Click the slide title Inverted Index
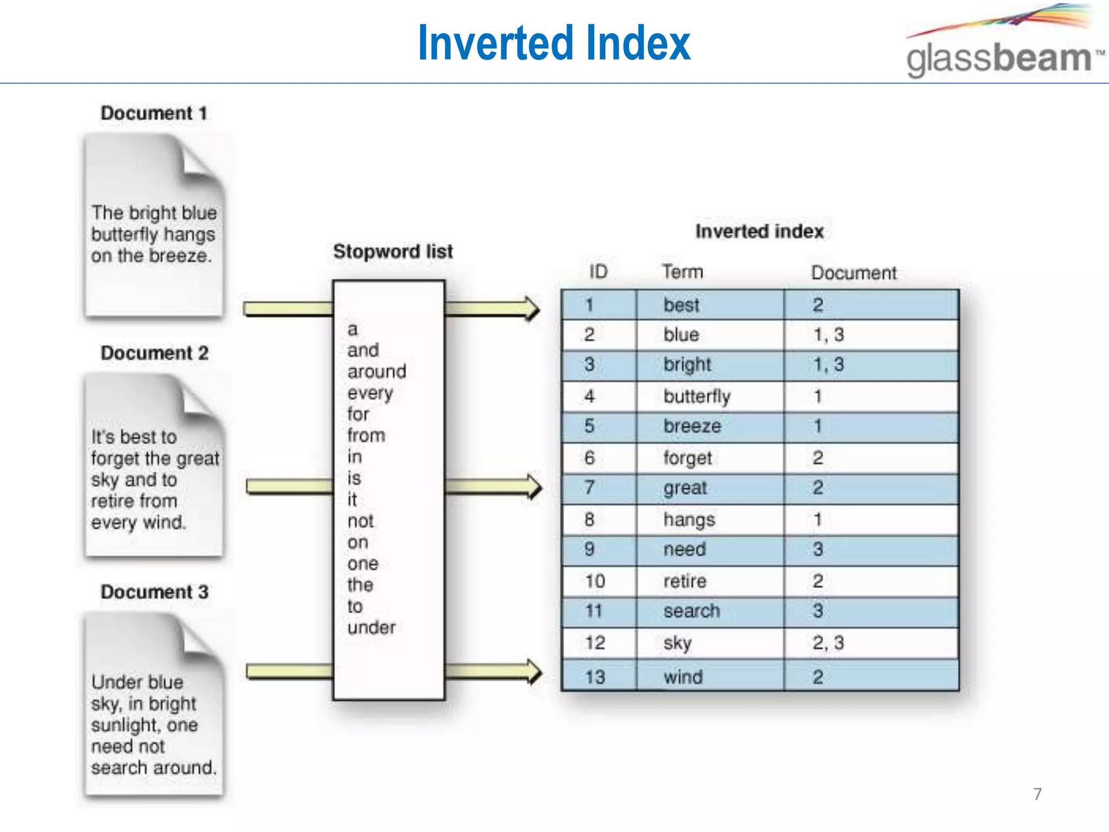pyautogui.click(x=553, y=43)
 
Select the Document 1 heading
pyautogui.click(x=154, y=113)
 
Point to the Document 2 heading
pyautogui.click(x=154, y=353)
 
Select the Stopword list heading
pyautogui.click(x=393, y=251)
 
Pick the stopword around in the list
pyautogui.click(x=376, y=372)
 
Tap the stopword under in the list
pyautogui.click(x=371, y=628)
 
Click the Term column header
pyautogui.click(x=682, y=272)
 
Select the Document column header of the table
pyautogui.click(x=853, y=272)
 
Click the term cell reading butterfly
pyautogui.click(x=697, y=396)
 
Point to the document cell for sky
pyautogui.click(x=828, y=643)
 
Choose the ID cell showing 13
pyautogui.click(x=595, y=677)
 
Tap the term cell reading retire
pyautogui.click(x=685, y=581)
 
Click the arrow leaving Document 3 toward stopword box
pyautogui.click(x=289, y=672)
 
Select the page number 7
pyautogui.click(x=1037, y=794)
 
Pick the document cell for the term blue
pyautogui.click(x=828, y=335)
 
